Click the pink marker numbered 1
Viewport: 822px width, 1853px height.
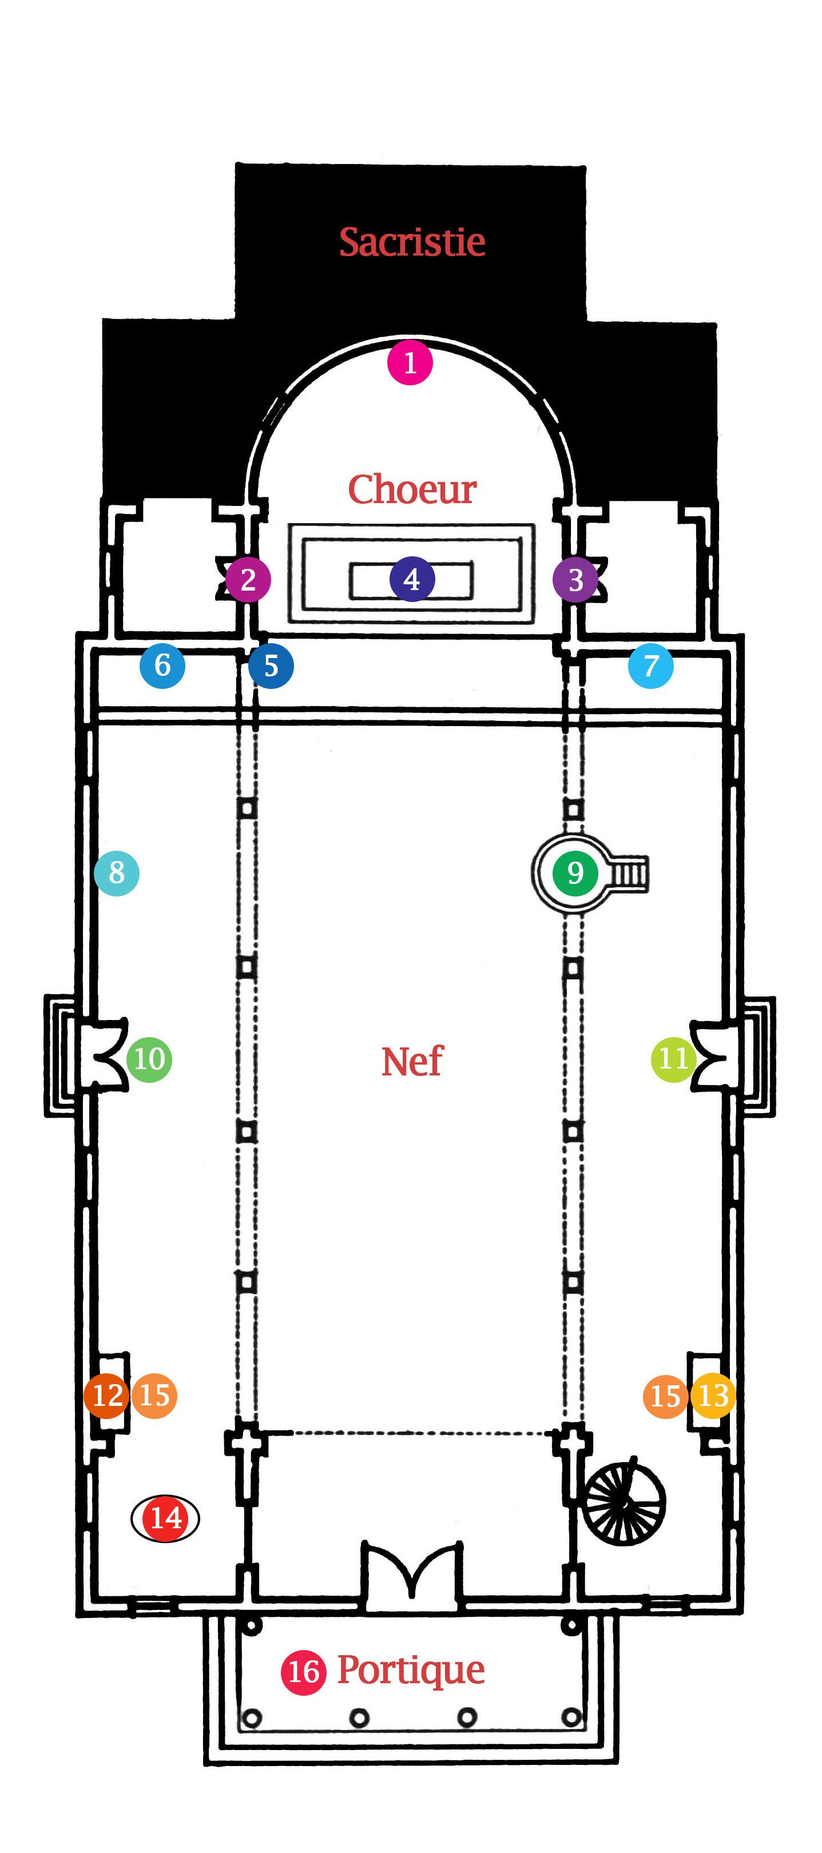click(410, 362)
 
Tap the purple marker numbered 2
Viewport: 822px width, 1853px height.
click(248, 579)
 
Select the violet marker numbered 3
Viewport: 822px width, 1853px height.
click(575, 579)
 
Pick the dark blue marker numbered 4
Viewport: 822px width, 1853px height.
click(412, 579)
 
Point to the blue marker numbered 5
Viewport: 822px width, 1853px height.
click(271, 666)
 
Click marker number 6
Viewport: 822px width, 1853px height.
click(162, 666)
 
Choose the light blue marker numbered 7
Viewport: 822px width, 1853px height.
click(651, 666)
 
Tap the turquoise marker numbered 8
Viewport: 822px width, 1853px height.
click(117, 872)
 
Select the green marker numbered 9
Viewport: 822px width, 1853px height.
click(574, 872)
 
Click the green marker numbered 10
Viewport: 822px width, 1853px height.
click(149, 1059)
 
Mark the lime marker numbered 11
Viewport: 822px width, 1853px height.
click(673, 1059)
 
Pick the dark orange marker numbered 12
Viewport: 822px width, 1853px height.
click(106, 1396)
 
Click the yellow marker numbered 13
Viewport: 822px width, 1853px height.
click(713, 1396)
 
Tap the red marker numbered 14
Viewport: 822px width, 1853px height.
click(165, 1518)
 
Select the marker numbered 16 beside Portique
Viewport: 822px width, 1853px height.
click(303, 1672)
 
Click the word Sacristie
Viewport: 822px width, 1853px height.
click(412, 242)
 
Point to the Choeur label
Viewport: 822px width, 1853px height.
click(412, 490)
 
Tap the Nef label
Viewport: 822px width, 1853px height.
click(412, 1061)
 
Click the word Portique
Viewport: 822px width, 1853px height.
click(411, 1670)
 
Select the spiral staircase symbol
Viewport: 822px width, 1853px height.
click(624, 1503)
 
